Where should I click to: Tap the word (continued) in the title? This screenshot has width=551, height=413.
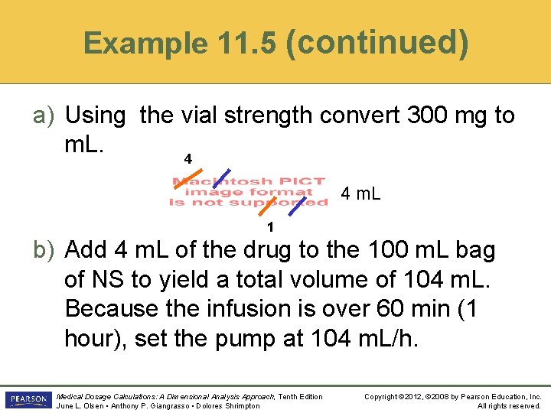pos(377,41)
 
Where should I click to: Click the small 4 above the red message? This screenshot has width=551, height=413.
pos(187,159)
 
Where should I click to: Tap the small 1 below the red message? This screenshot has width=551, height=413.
pos(270,227)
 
